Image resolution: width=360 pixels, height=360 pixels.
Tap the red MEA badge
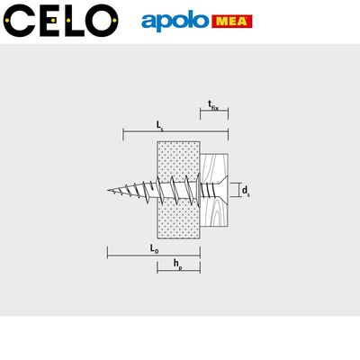pyautogui.click(x=231, y=20)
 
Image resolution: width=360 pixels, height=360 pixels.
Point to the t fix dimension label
pyautogui.click(x=212, y=105)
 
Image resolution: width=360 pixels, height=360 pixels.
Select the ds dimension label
pyautogui.click(x=246, y=191)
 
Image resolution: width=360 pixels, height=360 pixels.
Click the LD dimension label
pyautogui.click(x=155, y=246)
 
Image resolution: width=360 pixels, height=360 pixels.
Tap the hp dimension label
pyautogui.click(x=180, y=265)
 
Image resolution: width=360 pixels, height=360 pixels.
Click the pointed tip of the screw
pyautogui.click(x=110, y=191)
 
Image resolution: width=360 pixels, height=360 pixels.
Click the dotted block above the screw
pyautogui.click(x=177, y=162)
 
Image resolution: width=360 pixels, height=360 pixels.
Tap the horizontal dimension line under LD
pyautogui.click(x=153, y=255)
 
